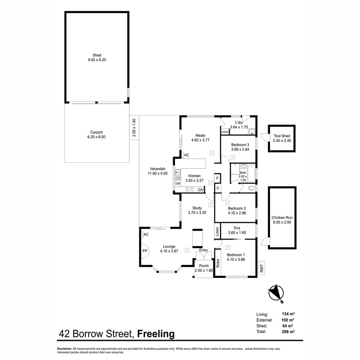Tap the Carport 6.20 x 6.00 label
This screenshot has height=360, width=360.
(97, 134)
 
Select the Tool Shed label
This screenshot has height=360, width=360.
(282, 138)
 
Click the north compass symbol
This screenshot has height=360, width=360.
(276, 293)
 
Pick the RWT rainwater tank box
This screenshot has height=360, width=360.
(262, 268)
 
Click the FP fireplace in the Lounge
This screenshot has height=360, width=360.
(145, 251)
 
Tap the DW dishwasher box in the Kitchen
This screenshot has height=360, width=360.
(178, 184)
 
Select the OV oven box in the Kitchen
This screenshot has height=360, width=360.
(201, 190)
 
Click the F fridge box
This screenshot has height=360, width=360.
(217, 178)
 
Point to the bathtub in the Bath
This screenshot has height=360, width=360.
(251, 173)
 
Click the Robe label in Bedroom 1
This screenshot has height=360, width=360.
(218, 264)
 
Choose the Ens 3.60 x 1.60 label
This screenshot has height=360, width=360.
(237, 230)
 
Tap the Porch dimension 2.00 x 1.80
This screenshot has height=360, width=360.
(204, 270)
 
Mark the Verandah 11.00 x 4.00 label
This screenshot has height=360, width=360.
(158, 171)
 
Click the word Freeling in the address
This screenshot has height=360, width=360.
(156, 334)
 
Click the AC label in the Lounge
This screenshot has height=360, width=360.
(146, 234)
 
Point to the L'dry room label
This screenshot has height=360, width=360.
(239, 122)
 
